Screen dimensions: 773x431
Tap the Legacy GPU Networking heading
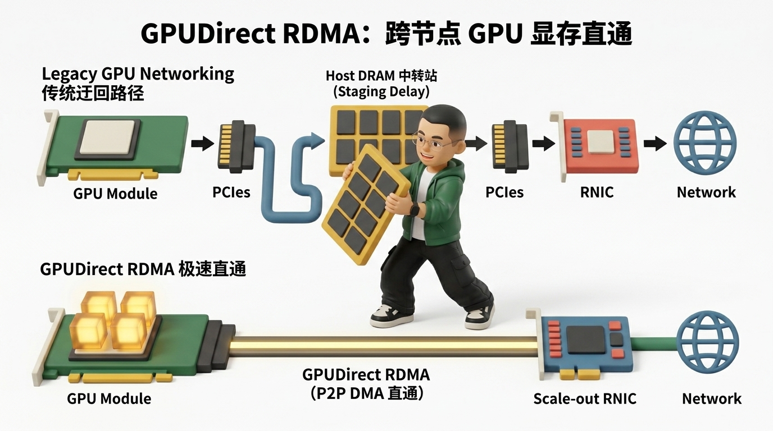tap(138, 74)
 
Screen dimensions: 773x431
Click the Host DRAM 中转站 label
tap(381, 76)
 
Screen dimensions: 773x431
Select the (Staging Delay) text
tap(381, 92)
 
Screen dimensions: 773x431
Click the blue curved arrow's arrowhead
tap(316, 140)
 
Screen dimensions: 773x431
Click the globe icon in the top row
tap(706, 143)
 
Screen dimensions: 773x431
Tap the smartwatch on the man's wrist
tap(414, 209)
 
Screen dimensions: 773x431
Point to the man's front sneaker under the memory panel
tap(391, 316)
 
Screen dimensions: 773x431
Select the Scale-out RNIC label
tap(585, 399)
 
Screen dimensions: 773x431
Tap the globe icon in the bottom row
tap(707, 342)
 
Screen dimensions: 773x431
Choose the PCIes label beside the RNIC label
tap(504, 192)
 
